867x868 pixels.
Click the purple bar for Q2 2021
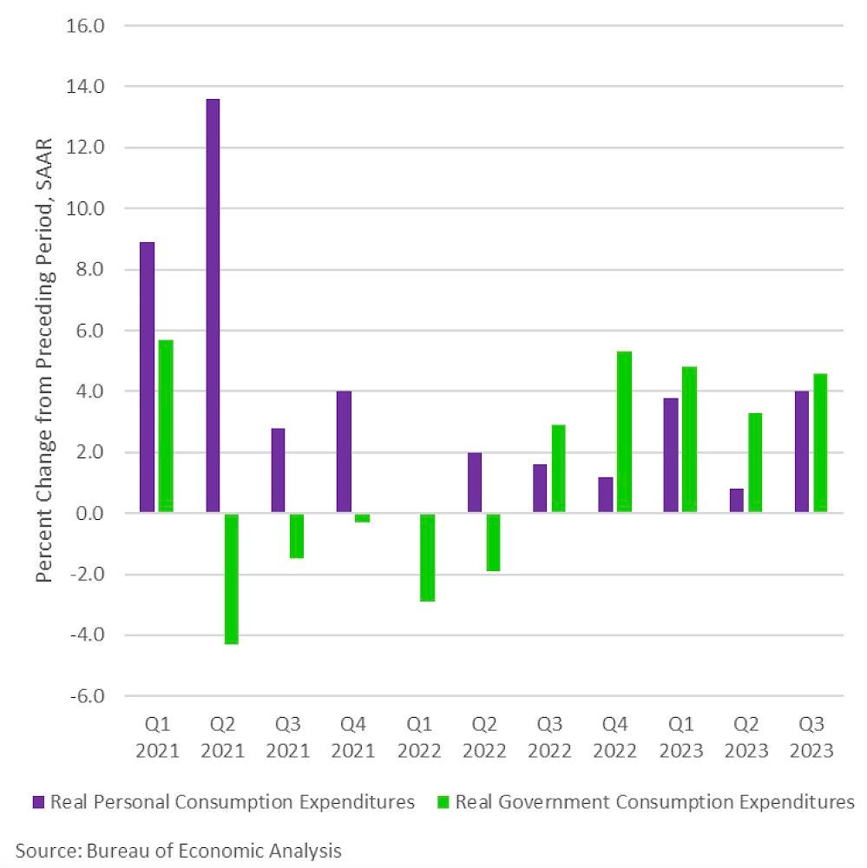click(213, 306)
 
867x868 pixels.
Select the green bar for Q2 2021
click(232, 578)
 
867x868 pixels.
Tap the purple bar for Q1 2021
click(148, 378)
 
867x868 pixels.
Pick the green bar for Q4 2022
click(624, 432)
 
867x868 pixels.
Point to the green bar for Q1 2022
click(428, 557)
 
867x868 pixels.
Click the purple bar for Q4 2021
click(344, 452)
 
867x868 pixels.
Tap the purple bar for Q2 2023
click(737, 501)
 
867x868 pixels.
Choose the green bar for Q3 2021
click(297, 536)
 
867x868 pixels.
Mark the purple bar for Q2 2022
click(475, 483)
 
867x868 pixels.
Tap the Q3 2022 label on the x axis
click(549, 736)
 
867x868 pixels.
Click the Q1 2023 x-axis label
click(680, 736)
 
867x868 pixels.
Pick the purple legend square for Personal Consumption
click(39, 802)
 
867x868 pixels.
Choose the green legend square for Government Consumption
click(443, 802)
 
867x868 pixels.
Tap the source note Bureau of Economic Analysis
click(178, 850)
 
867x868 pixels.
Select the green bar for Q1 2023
click(689, 440)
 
